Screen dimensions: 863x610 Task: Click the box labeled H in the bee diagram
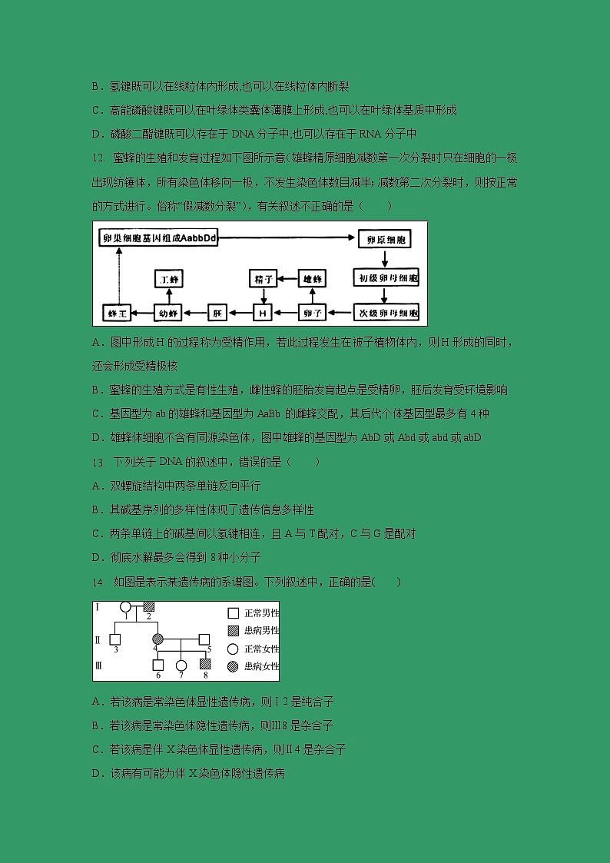point(263,313)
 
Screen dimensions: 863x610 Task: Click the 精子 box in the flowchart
point(263,279)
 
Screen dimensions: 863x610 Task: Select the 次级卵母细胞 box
point(387,313)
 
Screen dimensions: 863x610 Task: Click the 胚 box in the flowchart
point(218,313)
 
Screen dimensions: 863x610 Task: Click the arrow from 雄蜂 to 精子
point(287,279)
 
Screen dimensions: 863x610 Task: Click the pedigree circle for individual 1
point(125,607)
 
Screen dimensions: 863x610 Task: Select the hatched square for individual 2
point(149,607)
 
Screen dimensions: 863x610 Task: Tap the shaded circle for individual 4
point(157,639)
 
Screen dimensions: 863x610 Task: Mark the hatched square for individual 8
point(205,664)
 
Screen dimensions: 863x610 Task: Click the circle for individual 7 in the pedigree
point(181,665)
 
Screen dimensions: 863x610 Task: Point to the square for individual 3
point(115,639)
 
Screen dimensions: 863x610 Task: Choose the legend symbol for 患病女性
point(233,666)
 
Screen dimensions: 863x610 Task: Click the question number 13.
point(98,462)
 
